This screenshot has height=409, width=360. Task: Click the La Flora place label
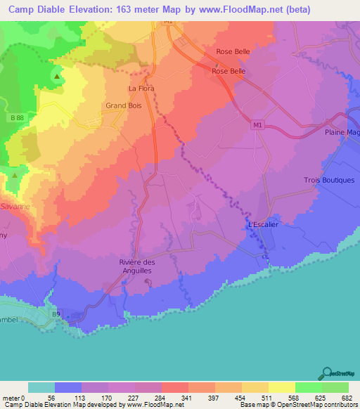coord(141,89)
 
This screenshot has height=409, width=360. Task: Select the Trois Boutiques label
coord(329,180)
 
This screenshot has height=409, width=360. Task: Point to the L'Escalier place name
coord(264,225)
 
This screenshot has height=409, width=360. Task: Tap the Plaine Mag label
coord(342,132)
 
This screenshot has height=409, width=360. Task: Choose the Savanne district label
coord(15,207)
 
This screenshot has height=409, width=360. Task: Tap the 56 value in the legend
coord(51,398)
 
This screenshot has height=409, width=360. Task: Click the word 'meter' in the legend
coord(11,398)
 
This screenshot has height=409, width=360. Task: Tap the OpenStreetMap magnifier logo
coord(326,373)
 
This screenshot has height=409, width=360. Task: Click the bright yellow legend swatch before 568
coord(281,387)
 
